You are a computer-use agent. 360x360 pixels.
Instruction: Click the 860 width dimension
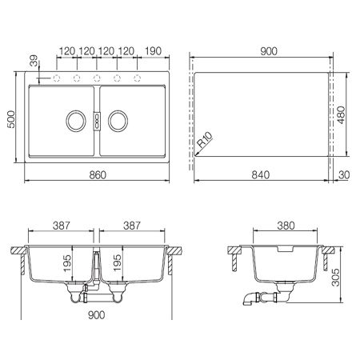[x=98, y=175]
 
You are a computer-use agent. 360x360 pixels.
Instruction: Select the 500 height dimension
[x=11, y=119]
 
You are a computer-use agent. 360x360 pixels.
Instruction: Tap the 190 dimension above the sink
[x=154, y=51]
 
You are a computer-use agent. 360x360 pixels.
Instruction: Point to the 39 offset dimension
[x=34, y=61]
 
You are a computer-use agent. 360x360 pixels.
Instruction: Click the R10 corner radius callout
[x=205, y=140]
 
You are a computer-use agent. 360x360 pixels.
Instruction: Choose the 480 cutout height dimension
[x=341, y=115]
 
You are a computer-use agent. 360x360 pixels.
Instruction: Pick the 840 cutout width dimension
[x=261, y=175]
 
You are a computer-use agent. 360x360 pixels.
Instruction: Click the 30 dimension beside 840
[x=344, y=175]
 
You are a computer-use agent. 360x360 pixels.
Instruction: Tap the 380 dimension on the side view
[x=286, y=226]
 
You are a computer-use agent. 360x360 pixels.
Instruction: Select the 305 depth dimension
[x=335, y=278]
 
